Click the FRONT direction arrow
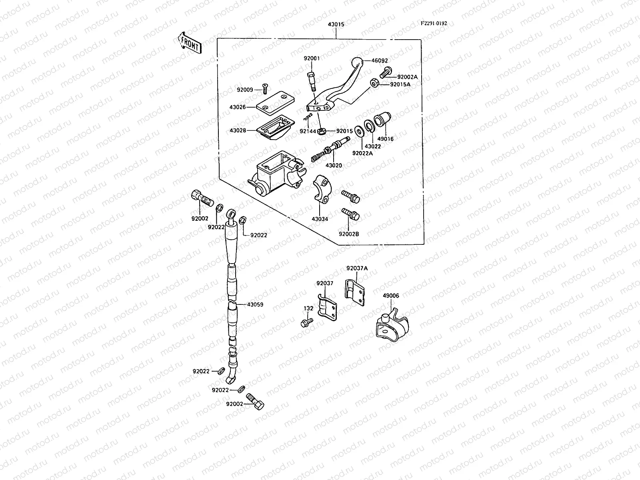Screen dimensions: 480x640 (189, 43)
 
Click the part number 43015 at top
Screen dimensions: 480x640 (336, 24)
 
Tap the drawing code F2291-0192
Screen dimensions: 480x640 (434, 23)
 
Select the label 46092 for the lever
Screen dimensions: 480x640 (379, 61)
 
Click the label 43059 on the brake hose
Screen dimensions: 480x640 (255, 304)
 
